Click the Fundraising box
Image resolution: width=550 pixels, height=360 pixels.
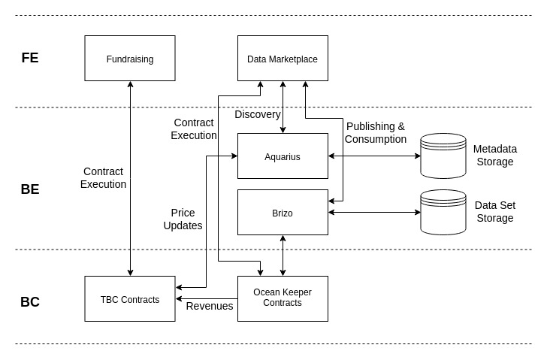click(130, 58)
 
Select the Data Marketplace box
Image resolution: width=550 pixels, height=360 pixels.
click(283, 58)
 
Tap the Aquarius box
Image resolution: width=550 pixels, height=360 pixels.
click(283, 156)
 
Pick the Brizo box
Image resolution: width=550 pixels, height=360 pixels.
click(283, 212)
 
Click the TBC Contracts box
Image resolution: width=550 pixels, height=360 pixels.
click(130, 298)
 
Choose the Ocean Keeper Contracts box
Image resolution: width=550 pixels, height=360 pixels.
click(283, 298)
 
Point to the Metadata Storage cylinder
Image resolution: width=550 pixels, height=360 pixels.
click(443, 156)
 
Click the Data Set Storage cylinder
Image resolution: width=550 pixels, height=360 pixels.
click(443, 212)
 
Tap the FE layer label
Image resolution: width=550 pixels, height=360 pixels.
click(30, 58)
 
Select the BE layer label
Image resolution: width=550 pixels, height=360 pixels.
click(30, 189)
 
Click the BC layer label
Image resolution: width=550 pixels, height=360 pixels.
click(30, 302)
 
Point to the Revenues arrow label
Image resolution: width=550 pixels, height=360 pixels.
click(210, 306)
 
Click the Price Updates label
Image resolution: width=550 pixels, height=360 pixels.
click(183, 219)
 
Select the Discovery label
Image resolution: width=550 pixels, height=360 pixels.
click(258, 114)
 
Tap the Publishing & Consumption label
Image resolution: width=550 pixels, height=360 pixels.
click(376, 132)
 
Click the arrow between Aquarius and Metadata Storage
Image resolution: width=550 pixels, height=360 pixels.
click(374, 156)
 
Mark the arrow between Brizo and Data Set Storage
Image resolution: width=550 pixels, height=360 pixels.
click(374, 212)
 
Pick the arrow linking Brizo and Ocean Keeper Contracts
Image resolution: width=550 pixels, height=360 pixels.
click(283, 256)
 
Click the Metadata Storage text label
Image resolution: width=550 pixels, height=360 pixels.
click(495, 156)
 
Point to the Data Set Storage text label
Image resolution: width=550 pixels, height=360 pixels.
click(495, 212)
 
